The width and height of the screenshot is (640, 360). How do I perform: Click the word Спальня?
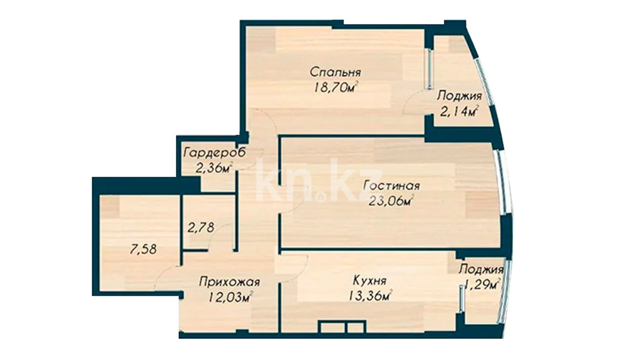click(335, 72)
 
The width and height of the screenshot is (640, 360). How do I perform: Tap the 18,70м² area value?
click(336, 87)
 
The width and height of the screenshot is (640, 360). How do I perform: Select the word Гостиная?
click(391, 186)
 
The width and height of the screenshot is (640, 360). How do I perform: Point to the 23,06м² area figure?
click(391, 201)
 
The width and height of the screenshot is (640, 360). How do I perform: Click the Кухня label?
click(370, 281)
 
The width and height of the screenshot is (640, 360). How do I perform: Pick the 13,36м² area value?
click(370, 296)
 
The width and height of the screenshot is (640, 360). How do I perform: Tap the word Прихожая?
click(230, 282)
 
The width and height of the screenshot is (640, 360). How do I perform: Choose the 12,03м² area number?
click(231, 298)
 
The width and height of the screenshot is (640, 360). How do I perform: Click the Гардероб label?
click(214, 153)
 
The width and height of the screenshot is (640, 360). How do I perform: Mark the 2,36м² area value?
click(214, 168)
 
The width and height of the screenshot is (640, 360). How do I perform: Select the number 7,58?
click(143, 250)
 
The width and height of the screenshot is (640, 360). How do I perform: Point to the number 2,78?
click(201, 228)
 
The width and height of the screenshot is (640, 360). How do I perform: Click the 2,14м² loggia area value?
click(459, 111)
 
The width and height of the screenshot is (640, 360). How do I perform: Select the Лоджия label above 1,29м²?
click(482, 270)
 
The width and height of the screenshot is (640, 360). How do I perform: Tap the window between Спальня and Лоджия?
click(429, 69)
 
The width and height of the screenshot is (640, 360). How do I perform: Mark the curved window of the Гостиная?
click(502, 182)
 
